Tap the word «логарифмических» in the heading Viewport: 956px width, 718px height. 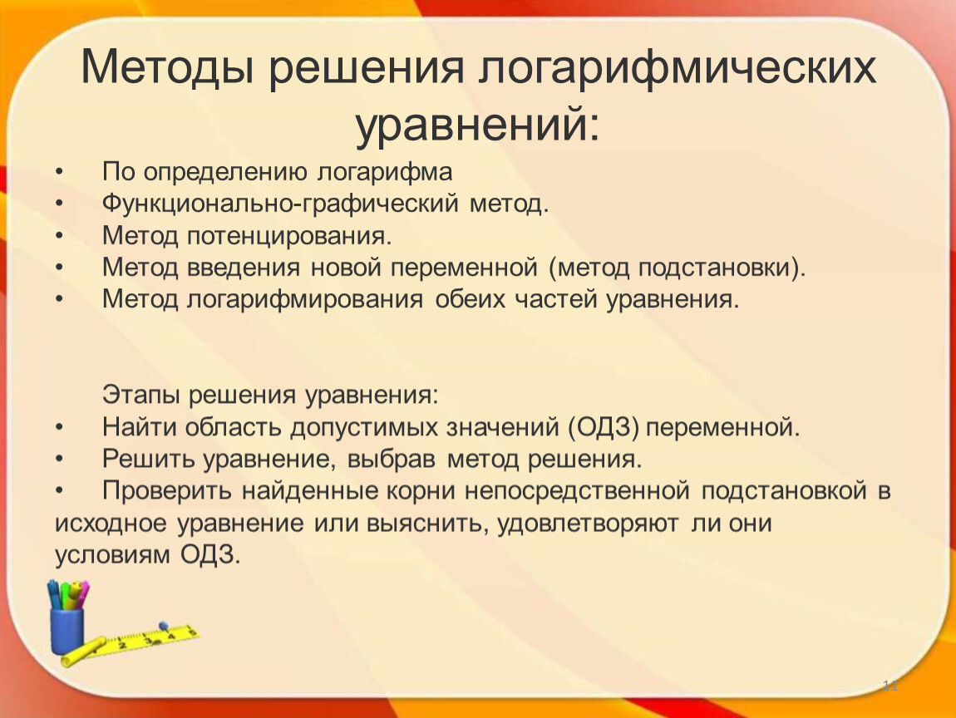click(x=678, y=67)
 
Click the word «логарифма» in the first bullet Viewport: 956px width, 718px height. click(x=385, y=172)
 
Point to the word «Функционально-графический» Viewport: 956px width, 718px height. click(x=280, y=204)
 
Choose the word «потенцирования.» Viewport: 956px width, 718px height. click(x=289, y=235)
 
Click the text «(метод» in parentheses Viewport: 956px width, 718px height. click(x=589, y=268)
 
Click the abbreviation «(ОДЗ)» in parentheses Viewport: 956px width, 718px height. click(x=604, y=427)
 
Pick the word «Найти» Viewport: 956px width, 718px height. click(x=138, y=426)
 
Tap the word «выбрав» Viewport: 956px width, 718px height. click(x=392, y=459)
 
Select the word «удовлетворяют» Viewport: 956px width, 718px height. click(x=588, y=523)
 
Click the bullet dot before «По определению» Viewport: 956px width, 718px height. click(x=59, y=173)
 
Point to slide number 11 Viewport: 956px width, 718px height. click(x=891, y=686)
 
